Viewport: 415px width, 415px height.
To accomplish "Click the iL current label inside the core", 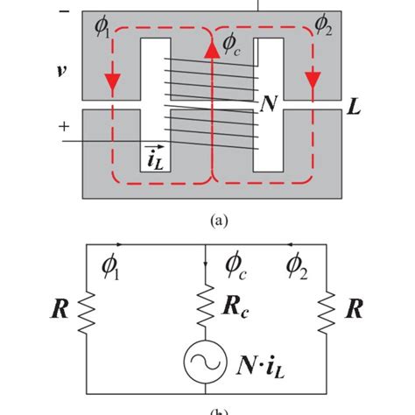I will point(155,159).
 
